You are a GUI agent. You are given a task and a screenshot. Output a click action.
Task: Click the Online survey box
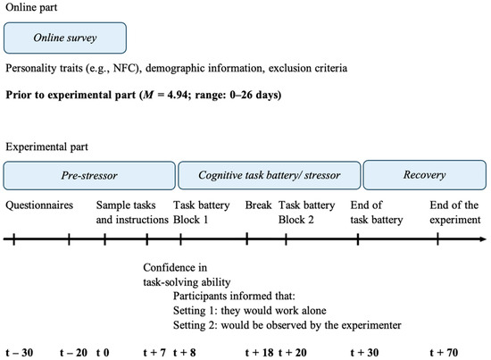(x=65, y=38)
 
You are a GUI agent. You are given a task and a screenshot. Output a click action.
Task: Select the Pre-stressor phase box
(x=89, y=175)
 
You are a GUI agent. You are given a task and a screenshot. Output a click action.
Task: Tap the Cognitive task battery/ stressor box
(x=269, y=175)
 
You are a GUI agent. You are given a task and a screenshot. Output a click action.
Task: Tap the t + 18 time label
(x=259, y=351)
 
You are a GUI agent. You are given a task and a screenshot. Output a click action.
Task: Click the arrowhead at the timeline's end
(x=481, y=239)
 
